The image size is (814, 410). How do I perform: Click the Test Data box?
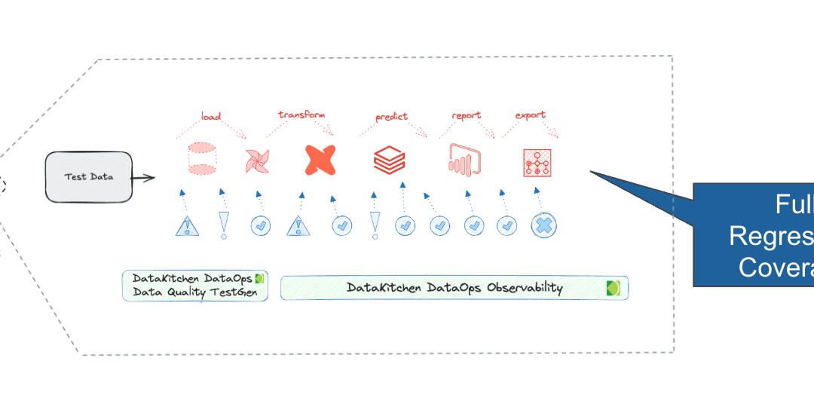pos(88,177)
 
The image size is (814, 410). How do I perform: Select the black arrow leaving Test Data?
pos(143,179)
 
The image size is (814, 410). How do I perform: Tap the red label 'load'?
pos(211,117)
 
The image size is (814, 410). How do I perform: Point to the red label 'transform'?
pos(301,115)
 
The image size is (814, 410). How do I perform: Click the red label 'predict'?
pos(391,117)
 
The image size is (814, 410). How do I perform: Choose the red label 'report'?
pos(467,116)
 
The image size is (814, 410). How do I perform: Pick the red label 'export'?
pos(530,115)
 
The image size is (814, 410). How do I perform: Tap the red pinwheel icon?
pos(256,161)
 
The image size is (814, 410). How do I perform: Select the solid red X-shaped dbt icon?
pos(321,160)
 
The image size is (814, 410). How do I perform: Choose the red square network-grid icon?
pos(537,162)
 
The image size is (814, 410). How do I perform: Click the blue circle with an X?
pos(543,225)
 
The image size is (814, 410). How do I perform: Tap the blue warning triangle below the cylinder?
pos(186,225)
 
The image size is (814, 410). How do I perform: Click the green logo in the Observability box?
pos(614,288)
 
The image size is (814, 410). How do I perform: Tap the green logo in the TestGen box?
pos(260,278)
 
